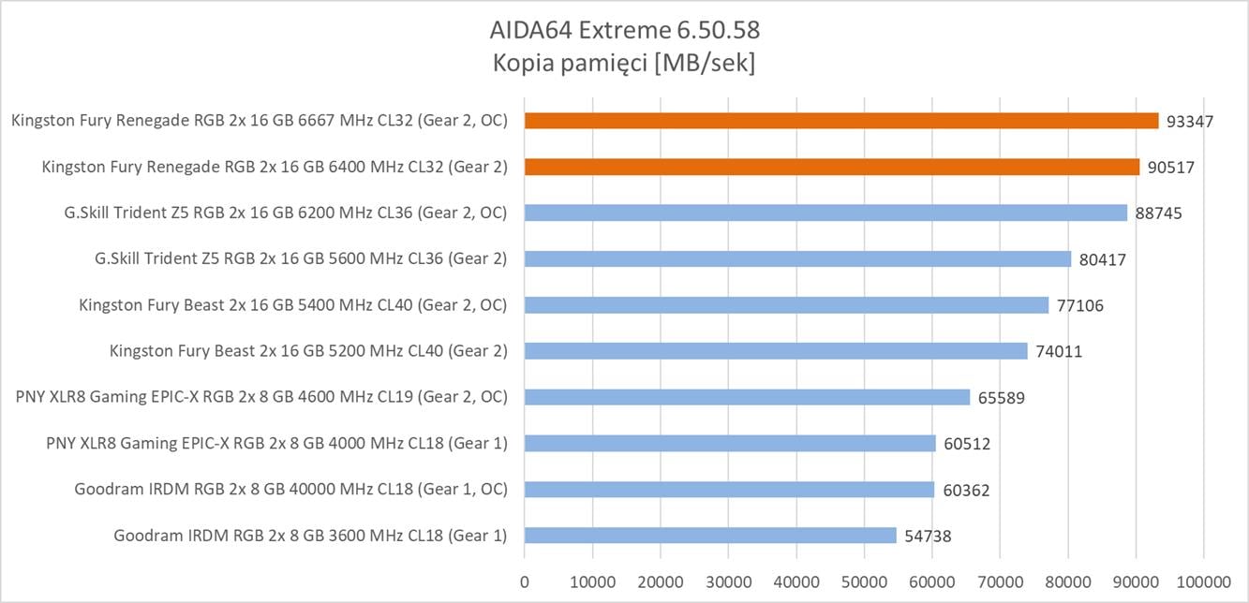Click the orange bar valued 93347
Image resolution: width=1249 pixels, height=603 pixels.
coord(841,121)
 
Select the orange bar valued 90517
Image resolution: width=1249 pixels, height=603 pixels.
coord(832,167)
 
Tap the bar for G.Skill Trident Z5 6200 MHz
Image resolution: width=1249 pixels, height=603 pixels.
coord(825,213)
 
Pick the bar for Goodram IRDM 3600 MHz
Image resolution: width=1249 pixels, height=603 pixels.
coord(710,536)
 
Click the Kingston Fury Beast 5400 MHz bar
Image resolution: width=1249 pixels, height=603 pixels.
coord(786,304)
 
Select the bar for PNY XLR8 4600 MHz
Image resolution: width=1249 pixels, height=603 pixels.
coord(747,397)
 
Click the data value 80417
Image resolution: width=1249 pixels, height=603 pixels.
coord(1102,259)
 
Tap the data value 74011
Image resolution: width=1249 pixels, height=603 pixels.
coord(1059,351)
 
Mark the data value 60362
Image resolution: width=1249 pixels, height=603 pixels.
coord(966,490)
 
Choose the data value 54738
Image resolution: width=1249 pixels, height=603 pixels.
coord(929,536)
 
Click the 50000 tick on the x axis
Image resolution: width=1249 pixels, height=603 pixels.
coord(865,581)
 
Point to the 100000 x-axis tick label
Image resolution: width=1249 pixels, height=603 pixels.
coord(1204,581)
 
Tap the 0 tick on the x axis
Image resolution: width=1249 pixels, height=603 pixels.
coord(525,581)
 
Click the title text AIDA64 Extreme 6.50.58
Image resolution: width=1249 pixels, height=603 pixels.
coord(625,30)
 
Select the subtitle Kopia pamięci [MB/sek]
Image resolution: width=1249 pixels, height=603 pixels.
coord(625,64)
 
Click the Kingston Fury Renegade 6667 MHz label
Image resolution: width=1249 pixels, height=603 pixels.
coord(259,121)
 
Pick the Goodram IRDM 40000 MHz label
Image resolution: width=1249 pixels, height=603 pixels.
coord(290,490)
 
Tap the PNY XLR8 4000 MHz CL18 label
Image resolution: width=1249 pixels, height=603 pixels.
coord(276,443)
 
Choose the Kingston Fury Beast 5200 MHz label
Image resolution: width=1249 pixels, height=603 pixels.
coord(308,351)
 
